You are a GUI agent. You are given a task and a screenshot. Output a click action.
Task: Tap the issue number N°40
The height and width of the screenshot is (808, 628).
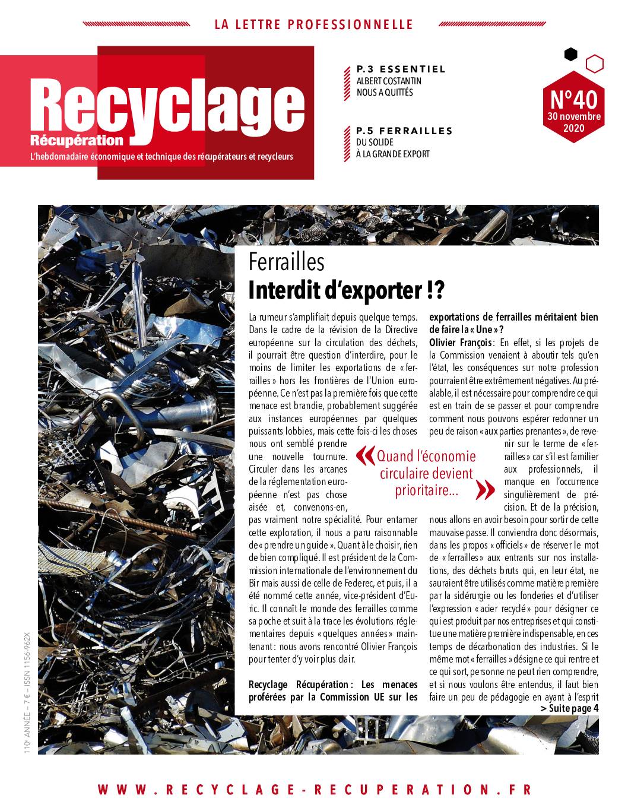[573, 97]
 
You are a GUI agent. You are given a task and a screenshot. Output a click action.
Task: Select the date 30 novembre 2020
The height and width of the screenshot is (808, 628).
[573, 122]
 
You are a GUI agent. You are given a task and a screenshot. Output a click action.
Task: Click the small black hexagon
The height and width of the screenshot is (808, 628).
[570, 55]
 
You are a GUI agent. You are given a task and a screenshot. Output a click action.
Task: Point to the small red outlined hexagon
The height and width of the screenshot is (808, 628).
[594, 63]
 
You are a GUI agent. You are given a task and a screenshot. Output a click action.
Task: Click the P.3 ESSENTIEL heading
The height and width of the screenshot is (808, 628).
[401, 69]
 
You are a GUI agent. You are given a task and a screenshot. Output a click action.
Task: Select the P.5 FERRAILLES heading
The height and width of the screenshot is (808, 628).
[404, 131]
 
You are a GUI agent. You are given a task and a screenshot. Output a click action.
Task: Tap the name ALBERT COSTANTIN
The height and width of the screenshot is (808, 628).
[389, 81]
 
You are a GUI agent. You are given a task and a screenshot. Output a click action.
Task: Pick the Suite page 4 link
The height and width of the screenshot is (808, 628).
[569, 708]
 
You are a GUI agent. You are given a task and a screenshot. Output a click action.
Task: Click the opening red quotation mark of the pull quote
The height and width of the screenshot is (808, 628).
[364, 456]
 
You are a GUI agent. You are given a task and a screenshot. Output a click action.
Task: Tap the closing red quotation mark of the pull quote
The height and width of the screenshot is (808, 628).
[486, 490]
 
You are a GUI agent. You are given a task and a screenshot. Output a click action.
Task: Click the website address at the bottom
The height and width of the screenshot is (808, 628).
[315, 790]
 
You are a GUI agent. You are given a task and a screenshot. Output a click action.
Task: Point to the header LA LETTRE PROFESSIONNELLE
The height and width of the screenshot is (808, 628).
[313, 24]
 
